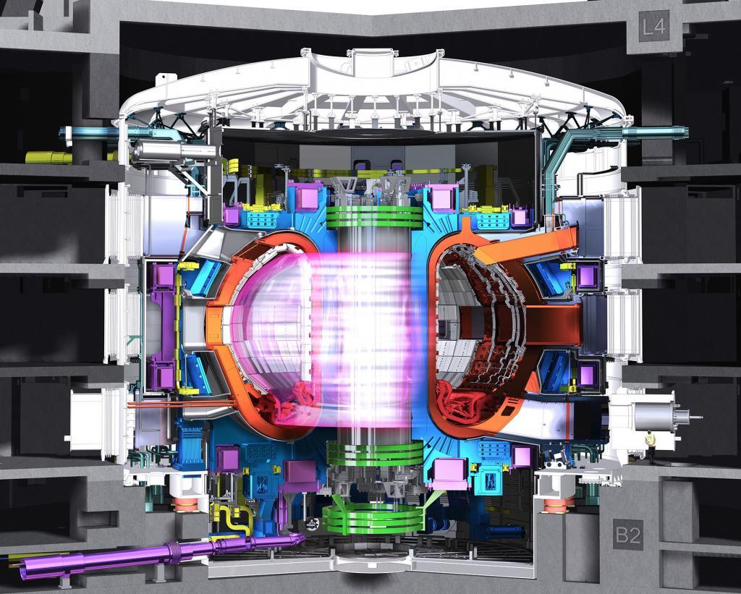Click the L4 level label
654,27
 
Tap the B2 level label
628,535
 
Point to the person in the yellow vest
651,446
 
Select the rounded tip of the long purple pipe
299,538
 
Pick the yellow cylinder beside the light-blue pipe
46,157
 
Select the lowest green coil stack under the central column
374,518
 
